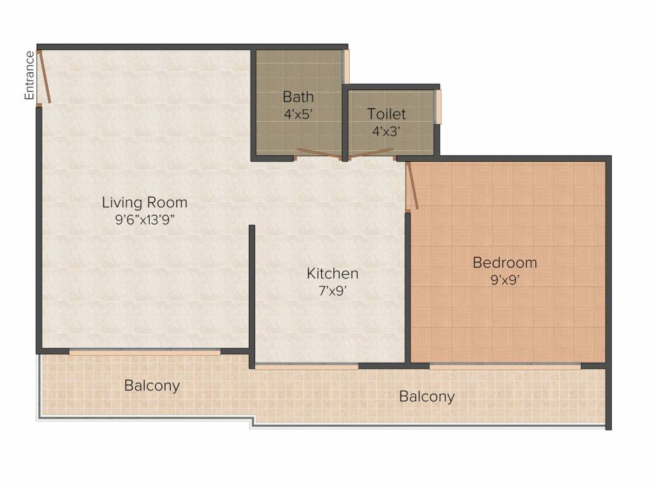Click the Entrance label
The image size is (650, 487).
coord(29,75)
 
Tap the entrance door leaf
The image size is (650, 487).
coord(44,77)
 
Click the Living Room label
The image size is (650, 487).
coord(145,202)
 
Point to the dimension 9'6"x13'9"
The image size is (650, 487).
coord(145,219)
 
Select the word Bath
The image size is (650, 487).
coord(298,97)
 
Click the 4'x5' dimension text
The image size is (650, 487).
coord(298,114)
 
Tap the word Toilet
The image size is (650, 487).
coord(387,114)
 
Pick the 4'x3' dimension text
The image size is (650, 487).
coord(387,131)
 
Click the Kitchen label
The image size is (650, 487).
coord(333,273)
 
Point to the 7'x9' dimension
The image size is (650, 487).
coord(333,290)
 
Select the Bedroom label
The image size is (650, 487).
coord(505,263)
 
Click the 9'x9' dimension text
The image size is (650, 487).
coord(505,280)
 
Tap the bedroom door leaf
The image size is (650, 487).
coord(412,186)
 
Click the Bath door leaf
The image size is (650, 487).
coord(319,153)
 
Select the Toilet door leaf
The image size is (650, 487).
coord(371,153)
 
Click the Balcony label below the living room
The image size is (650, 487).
coord(152,386)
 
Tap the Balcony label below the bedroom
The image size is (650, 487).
coord(427,396)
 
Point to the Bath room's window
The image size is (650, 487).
coord(346,67)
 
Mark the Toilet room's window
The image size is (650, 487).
coord(438,107)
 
